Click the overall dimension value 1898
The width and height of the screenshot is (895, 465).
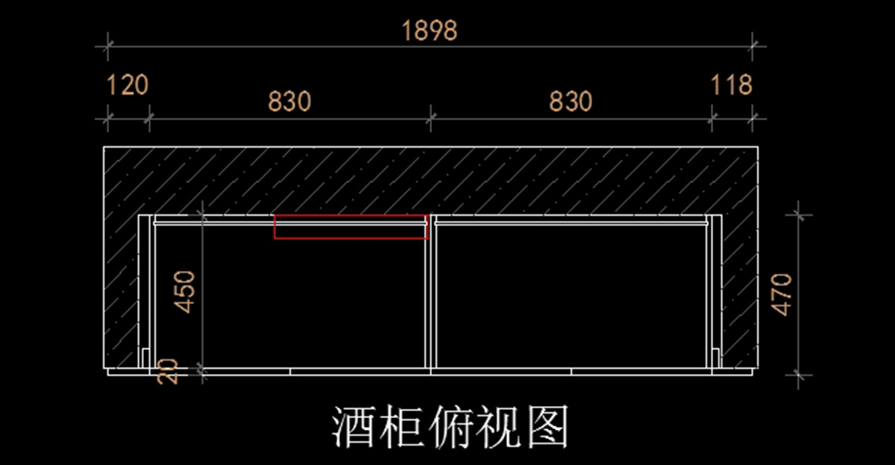(429, 31)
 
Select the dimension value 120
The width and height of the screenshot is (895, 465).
(128, 86)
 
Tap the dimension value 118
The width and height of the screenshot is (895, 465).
(731, 86)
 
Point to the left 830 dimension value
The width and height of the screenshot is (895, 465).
(289, 102)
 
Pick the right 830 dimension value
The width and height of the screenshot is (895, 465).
(571, 102)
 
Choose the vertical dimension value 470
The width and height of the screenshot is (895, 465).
(782, 294)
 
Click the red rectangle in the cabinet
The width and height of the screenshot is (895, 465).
(351, 227)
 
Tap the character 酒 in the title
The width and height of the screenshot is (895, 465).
(354, 427)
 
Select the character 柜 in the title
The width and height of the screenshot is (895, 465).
(401, 427)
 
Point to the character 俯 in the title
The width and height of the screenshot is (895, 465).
(450, 427)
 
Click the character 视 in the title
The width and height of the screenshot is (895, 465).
(498, 427)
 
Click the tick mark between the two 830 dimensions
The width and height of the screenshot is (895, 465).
(430, 117)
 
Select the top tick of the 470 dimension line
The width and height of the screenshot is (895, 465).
(799, 215)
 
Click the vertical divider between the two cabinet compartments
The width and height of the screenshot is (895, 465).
(430, 295)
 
